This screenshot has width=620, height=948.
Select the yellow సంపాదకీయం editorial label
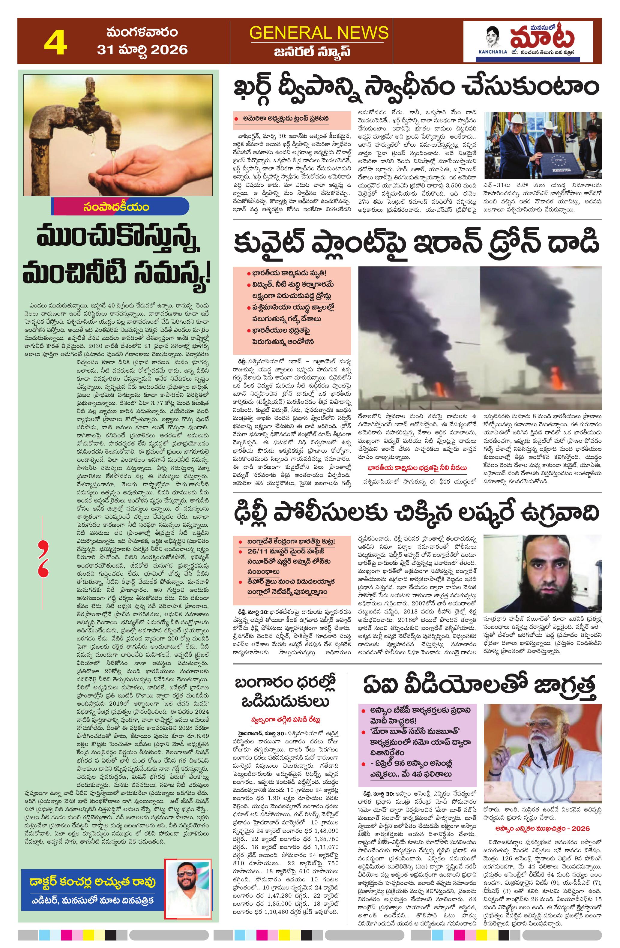pyautogui.click(x=116, y=207)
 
